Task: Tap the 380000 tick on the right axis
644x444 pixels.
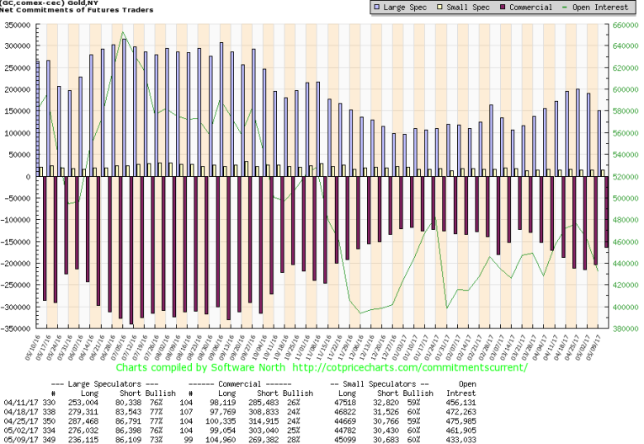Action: tap(626, 329)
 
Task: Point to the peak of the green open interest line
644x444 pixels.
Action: tap(124, 33)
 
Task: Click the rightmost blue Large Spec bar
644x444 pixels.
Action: tap(599, 143)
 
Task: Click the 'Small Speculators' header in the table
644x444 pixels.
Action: tap(386, 385)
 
